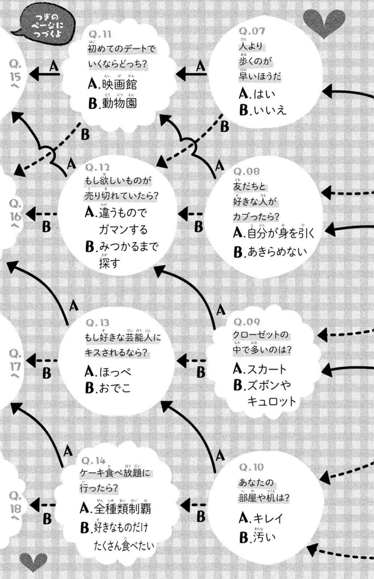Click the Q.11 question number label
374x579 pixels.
pos(100,35)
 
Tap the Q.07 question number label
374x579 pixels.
pos(252,31)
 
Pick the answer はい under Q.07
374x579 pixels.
pos(257,94)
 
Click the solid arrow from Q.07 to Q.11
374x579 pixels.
pos(191,74)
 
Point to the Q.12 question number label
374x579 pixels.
pos(97,168)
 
